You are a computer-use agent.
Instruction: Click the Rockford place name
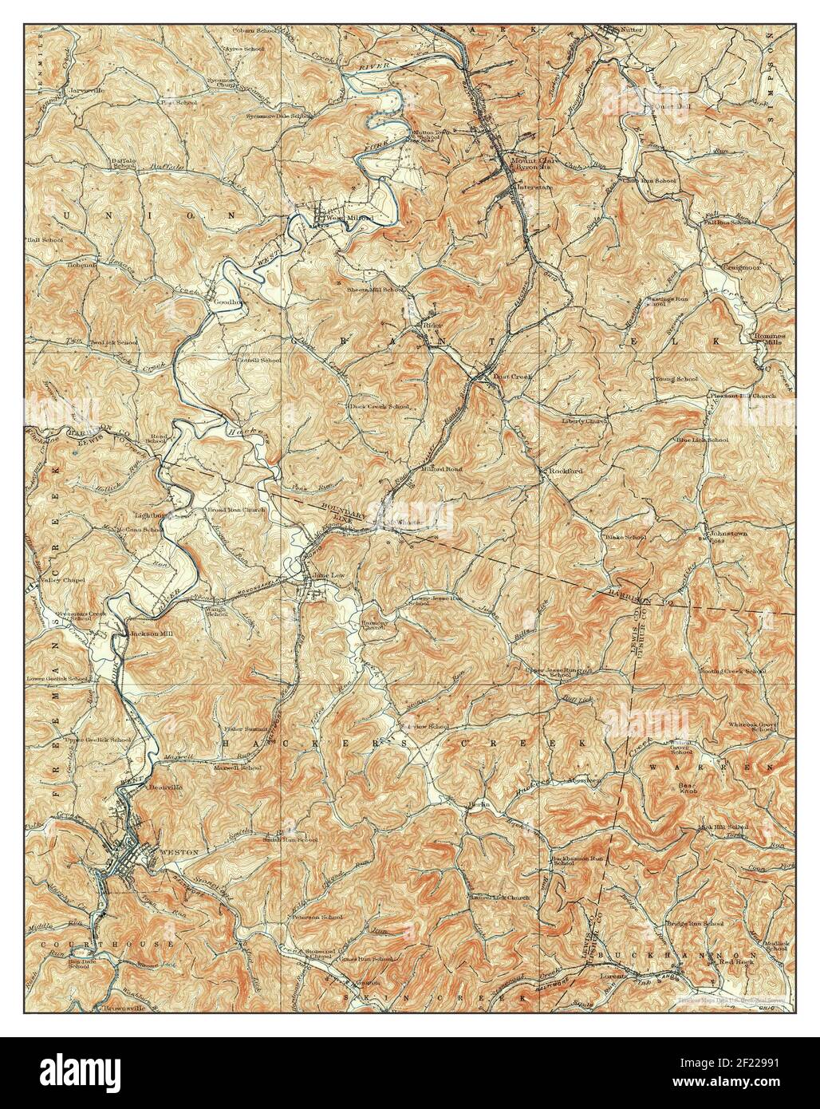[x=566, y=472]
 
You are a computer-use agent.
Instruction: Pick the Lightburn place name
[x=153, y=516]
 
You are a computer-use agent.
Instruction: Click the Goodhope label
[x=227, y=303]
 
